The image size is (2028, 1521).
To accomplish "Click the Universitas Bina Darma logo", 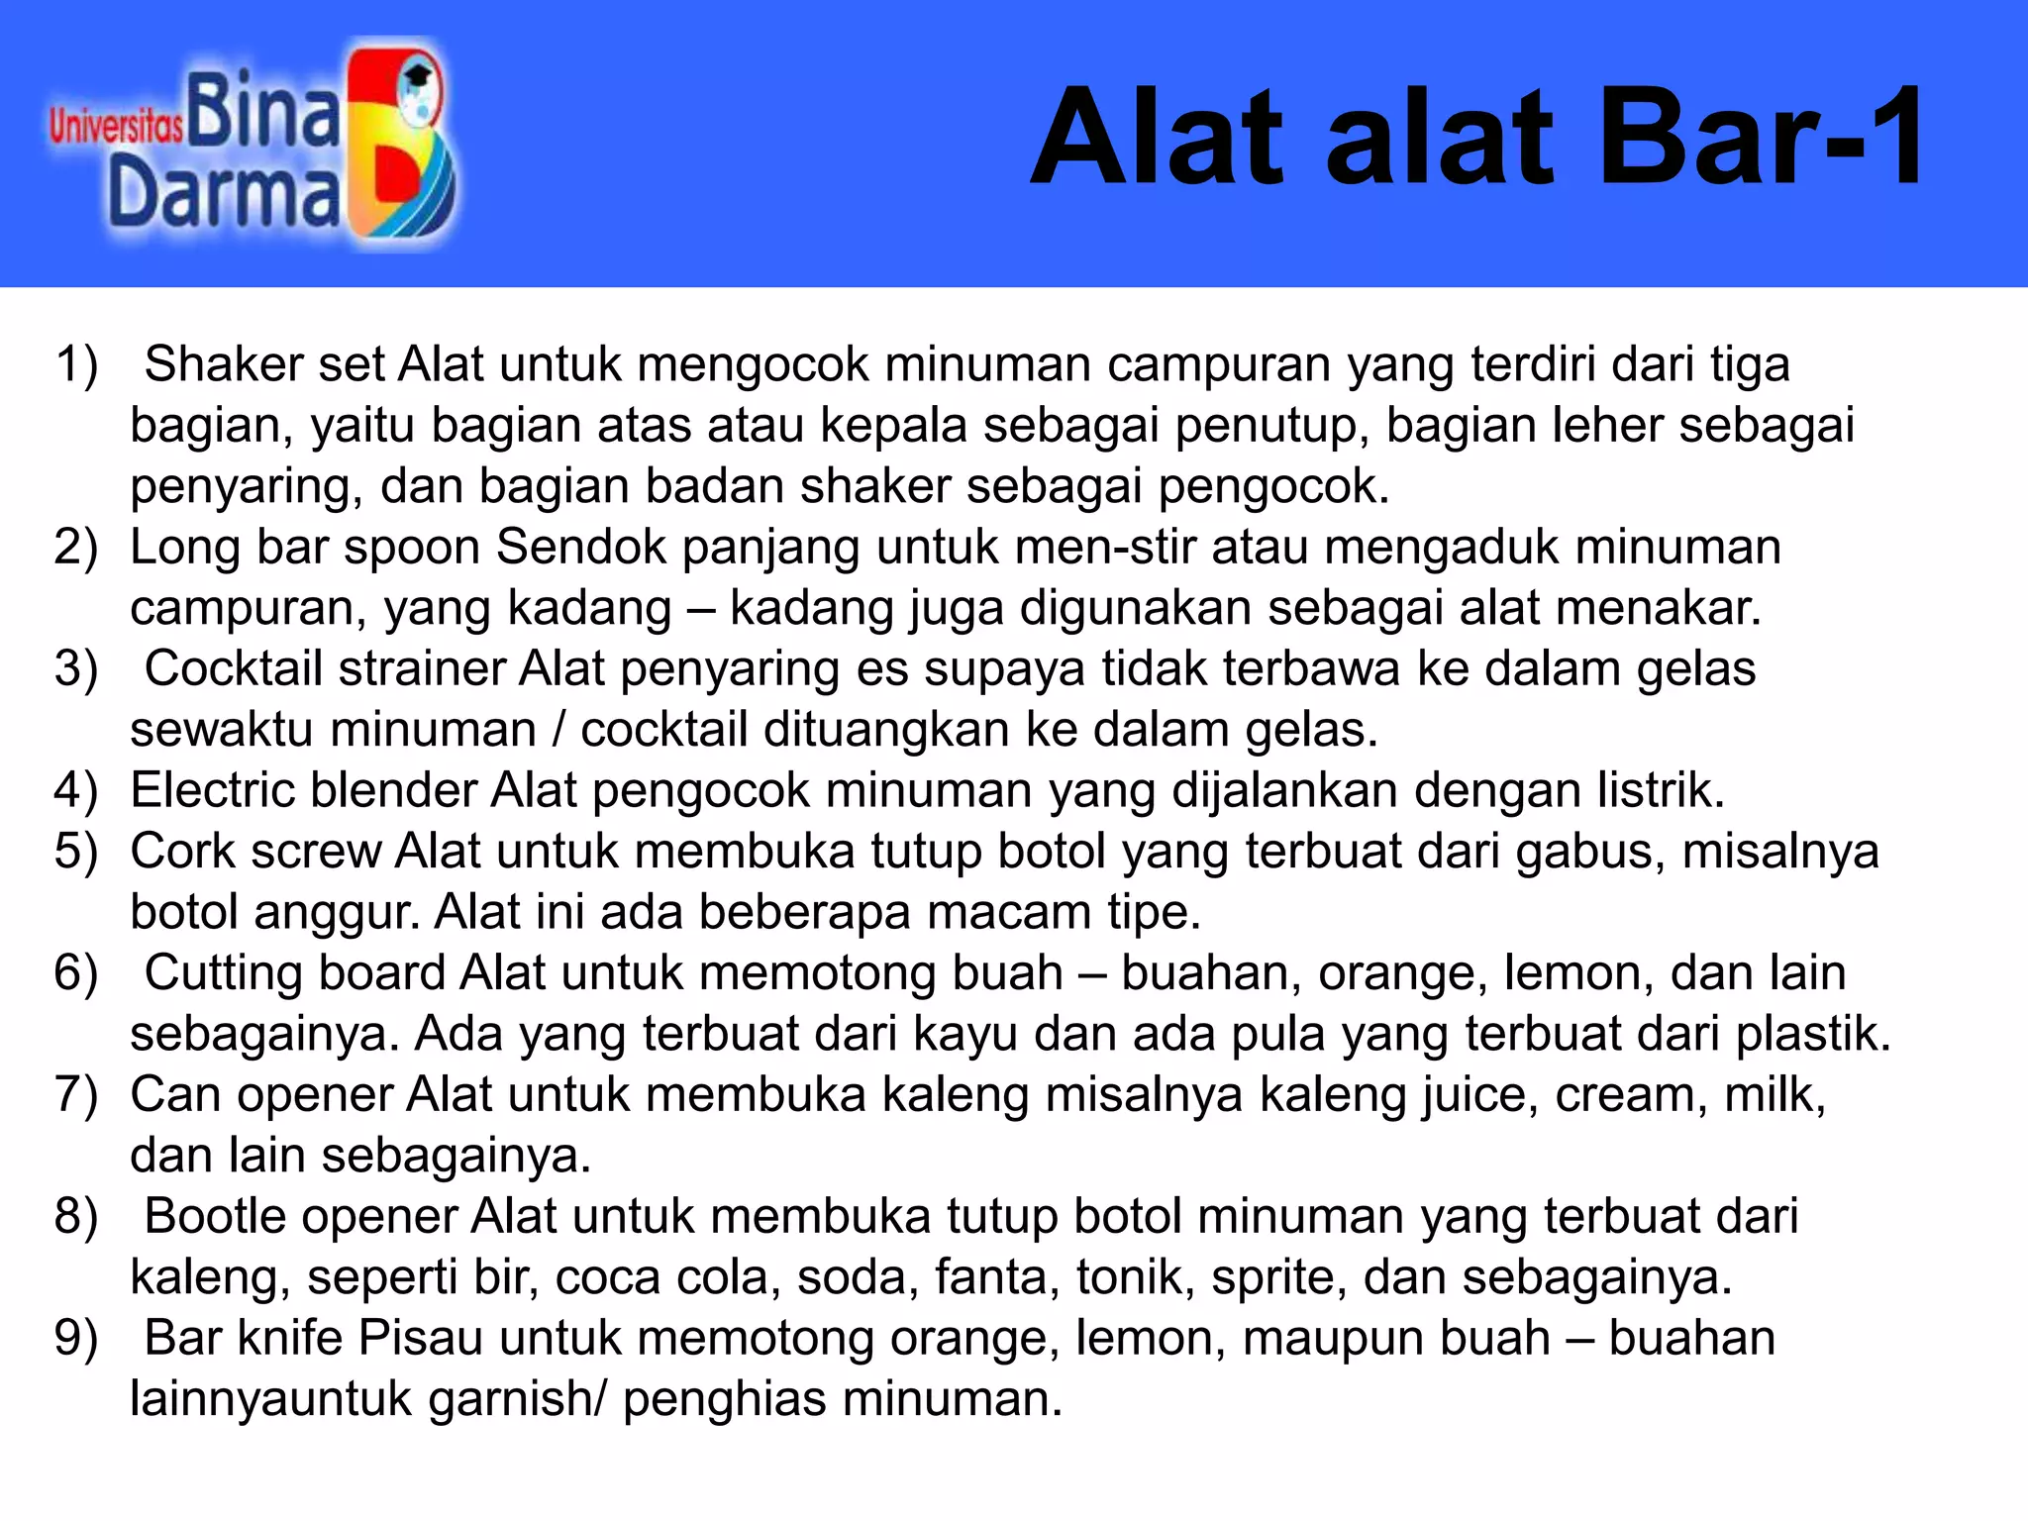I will click(x=253, y=145).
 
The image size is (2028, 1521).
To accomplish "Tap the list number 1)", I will click(x=76, y=364).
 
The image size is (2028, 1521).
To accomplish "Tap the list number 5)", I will click(x=76, y=852).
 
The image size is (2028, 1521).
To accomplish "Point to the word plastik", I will click(x=1812, y=1034).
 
